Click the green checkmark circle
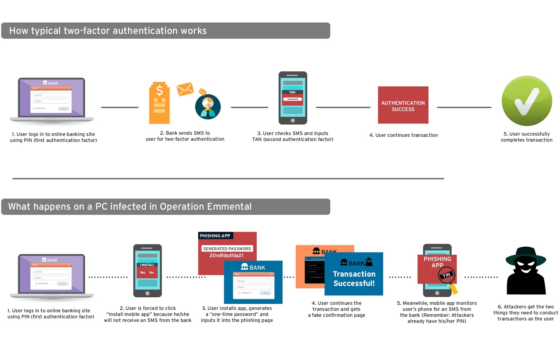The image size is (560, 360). tap(526, 101)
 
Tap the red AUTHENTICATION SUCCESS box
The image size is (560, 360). tap(403, 105)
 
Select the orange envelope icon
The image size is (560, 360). tap(185, 89)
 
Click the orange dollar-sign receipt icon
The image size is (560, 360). tap(159, 103)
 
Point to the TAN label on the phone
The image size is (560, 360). tap(292, 92)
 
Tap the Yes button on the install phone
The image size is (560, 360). tap(143, 273)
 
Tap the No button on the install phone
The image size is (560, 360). tap(152, 273)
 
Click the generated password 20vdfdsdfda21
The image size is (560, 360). tap(226, 255)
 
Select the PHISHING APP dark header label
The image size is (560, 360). tap(215, 236)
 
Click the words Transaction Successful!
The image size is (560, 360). tap(354, 279)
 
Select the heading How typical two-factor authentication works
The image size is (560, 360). tap(108, 31)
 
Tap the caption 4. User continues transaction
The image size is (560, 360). tap(403, 135)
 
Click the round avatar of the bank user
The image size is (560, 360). tap(208, 107)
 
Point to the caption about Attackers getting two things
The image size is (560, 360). tap(525, 313)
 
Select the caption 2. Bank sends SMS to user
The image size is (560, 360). tap(185, 136)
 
